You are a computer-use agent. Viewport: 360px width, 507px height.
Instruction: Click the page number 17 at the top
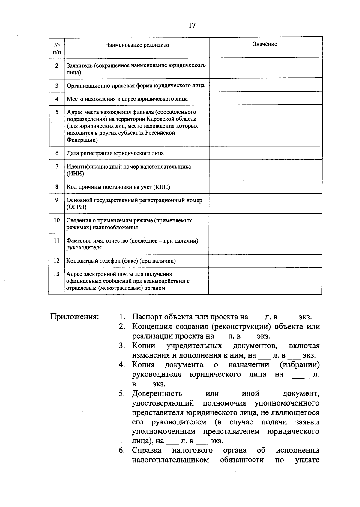pyautogui.click(x=192, y=25)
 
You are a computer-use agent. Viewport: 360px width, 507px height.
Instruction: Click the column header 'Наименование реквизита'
pyautogui.click(x=137, y=45)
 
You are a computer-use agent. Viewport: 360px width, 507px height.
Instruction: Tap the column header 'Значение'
pyautogui.click(x=265, y=44)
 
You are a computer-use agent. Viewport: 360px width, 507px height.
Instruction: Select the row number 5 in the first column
pyautogui.click(x=57, y=112)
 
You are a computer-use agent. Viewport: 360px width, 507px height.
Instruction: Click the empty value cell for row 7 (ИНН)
pyautogui.click(x=265, y=170)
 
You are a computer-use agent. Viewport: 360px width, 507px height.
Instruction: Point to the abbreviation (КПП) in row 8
pyautogui.click(x=162, y=187)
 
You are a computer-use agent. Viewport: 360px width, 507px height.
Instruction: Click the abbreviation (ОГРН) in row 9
pyautogui.click(x=76, y=207)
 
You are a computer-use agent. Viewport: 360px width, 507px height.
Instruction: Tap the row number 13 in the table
pyautogui.click(x=56, y=274)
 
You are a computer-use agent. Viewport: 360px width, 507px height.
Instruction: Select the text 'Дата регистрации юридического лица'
pyautogui.click(x=115, y=153)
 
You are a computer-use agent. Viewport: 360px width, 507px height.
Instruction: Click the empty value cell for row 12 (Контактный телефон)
pyautogui.click(x=265, y=261)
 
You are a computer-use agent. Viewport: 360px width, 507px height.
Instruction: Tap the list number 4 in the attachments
pyautogui.click(x=121, y=365)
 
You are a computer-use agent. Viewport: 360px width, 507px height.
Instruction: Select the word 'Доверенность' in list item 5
pyautogui.click(x=157, y=394)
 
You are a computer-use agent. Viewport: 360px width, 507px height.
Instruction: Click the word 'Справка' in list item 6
pyautogui.click(x=147, y=450)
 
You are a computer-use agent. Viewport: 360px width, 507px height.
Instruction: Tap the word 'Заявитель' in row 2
pyautogui.click(x=79, y=65)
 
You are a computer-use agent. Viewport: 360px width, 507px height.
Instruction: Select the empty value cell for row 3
pyautogui.click(x=265, y=85)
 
